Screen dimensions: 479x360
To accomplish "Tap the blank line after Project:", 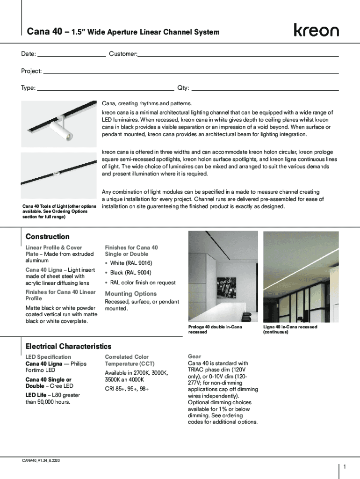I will [x=190, y=73].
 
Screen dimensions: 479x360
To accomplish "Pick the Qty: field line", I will [x=265, y=89].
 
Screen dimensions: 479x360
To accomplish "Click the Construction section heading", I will [x=47, y=237].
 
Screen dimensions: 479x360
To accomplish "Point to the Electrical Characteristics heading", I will [x=68, y=347].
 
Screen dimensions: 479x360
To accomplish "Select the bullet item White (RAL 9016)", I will [x=130, y=263].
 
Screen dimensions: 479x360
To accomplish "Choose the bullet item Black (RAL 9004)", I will [x=130, y=273].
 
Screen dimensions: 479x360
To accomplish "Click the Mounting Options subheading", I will [x=131, y=294].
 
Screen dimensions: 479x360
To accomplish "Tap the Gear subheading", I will [x=194, y=356].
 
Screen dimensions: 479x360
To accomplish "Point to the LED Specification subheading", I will [x=48, y=357].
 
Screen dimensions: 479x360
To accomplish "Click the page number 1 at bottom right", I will [x=344, y=467].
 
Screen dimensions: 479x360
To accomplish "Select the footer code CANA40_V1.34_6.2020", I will [x=41, y=461].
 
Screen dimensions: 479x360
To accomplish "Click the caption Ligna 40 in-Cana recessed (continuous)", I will [x=290, y=329].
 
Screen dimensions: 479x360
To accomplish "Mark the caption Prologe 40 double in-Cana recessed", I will [x=215, y=329].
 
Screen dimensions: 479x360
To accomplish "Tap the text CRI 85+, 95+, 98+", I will [x=127, y=389].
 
